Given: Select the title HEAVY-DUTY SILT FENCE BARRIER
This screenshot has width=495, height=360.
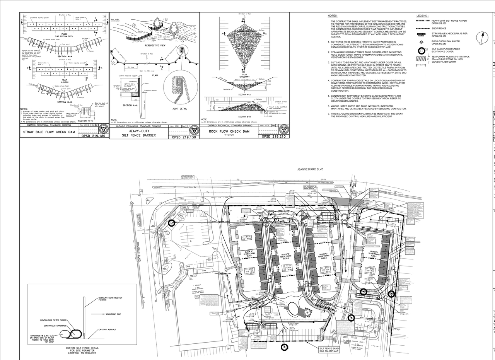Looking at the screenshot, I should [139, 133].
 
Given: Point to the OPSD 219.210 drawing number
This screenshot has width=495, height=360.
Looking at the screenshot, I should [274, 136].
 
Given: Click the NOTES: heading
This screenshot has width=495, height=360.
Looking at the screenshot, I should [332, 16].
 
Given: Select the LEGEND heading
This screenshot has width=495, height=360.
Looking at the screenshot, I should [422, 16].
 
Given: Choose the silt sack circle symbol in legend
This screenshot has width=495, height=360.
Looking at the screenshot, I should [422, 51].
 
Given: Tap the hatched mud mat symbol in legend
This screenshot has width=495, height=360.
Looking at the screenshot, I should [422, 59].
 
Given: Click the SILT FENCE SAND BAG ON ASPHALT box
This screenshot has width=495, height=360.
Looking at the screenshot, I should [329, 350].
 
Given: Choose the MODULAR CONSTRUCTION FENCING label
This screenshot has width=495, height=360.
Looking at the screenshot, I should [110, 299].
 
